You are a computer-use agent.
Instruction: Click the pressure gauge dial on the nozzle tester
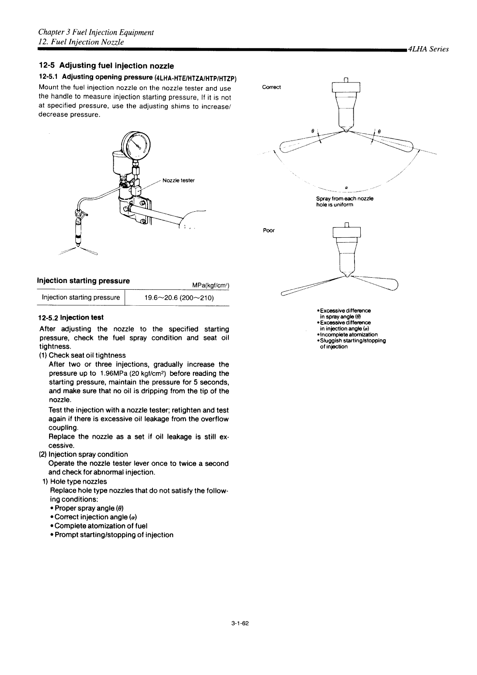136,145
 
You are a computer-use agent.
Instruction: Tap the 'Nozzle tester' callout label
178,180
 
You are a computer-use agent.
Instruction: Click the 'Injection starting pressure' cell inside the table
81,297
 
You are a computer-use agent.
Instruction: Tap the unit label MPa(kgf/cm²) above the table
210,285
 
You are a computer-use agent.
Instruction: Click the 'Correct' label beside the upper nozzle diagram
271,87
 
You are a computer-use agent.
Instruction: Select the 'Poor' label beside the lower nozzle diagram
268,230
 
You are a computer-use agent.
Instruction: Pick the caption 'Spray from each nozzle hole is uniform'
344,201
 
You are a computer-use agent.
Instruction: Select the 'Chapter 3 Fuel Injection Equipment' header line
96,32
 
